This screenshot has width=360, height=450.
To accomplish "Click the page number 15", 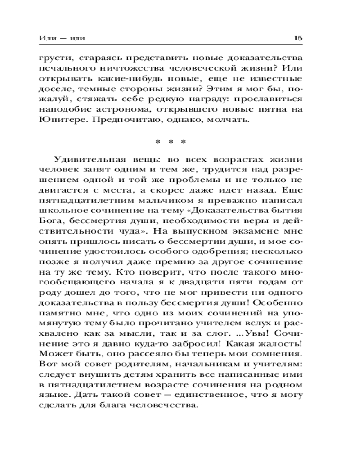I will click(297, 39).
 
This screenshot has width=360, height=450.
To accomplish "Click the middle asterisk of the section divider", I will click(170, 142).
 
